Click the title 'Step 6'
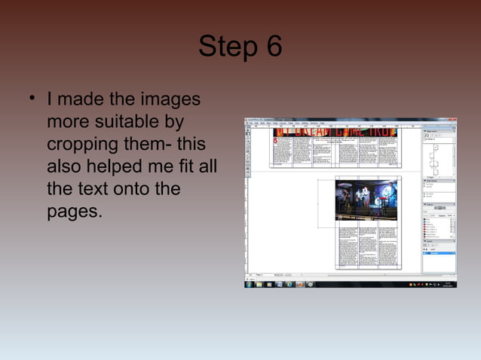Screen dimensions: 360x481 [240, 47]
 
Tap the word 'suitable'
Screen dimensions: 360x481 [150, 121]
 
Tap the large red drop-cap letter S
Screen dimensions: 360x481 [276, 142]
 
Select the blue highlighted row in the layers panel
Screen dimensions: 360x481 [440, 253]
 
